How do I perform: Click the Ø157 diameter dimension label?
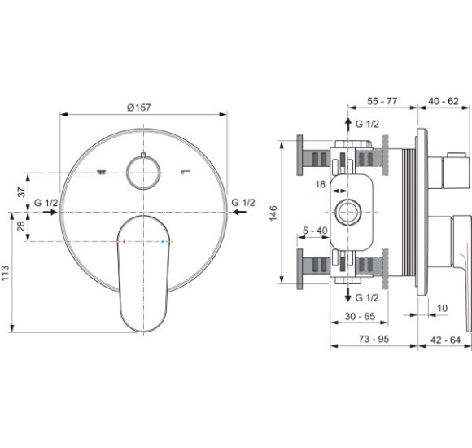pyautogui.click(x=139, y=108)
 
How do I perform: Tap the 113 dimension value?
pyautogui.click(x=6, y=273)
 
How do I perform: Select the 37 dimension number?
pyautogui.click(x=21, y=192)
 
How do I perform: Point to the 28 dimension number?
pyautogui.click(x=21, y=226)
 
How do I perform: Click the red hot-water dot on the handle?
pyautogui.click(x=124, y=241)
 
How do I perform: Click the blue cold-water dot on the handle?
pyautogui.click(x=163, y=241)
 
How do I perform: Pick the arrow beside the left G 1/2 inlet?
pyautogui.click(x=50, y=212)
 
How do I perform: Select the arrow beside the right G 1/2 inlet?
pyautogui.click(x=239, y=212)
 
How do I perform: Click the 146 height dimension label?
pyautogui.click(x=273, y=213)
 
